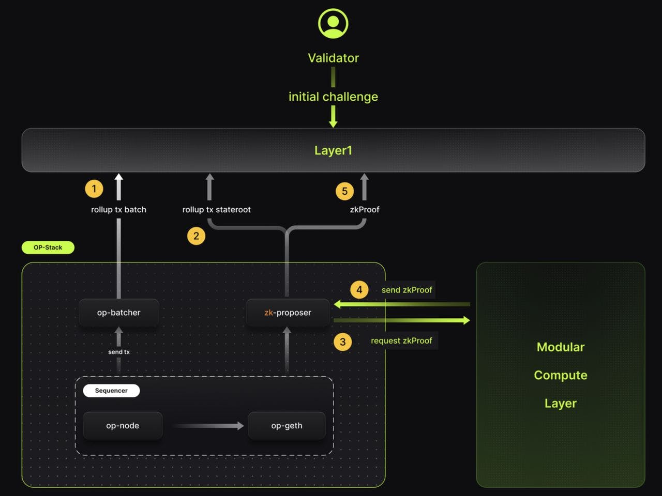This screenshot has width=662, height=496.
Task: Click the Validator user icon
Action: (x=333, y=23)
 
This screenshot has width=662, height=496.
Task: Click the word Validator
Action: (x=333, y=58)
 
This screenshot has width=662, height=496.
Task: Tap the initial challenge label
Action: (x=333, y=97)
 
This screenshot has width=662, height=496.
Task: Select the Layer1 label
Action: (x=333, y=150)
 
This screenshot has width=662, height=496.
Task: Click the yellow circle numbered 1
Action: (x=94, y=189)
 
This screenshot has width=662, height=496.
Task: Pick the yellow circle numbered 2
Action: (x=196, y=236)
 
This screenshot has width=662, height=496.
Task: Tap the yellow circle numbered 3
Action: (x=342, y=342)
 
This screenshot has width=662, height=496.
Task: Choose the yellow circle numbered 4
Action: (x=359, y=289)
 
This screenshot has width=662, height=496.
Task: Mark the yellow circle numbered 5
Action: (x=344, y=191)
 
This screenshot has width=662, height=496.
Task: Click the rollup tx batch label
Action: (x=118, y=209)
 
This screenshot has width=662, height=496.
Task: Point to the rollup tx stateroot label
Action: (x=216, y=209)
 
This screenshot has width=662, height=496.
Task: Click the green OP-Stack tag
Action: (x=48, y=247)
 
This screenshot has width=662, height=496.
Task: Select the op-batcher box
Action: (x=118, y=313)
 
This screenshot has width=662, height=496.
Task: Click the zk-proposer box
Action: (x=288, y=313)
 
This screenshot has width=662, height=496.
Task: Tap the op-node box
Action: (x=123, y=426)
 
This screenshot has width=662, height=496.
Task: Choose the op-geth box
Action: (x=287, y=426)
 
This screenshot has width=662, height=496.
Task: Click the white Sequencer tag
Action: (x=111, y=391)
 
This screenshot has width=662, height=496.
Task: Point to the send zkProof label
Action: (x=407, y=290)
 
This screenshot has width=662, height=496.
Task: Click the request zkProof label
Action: (x=401, y=340)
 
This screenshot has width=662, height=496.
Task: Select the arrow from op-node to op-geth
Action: (x=208, y=426)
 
